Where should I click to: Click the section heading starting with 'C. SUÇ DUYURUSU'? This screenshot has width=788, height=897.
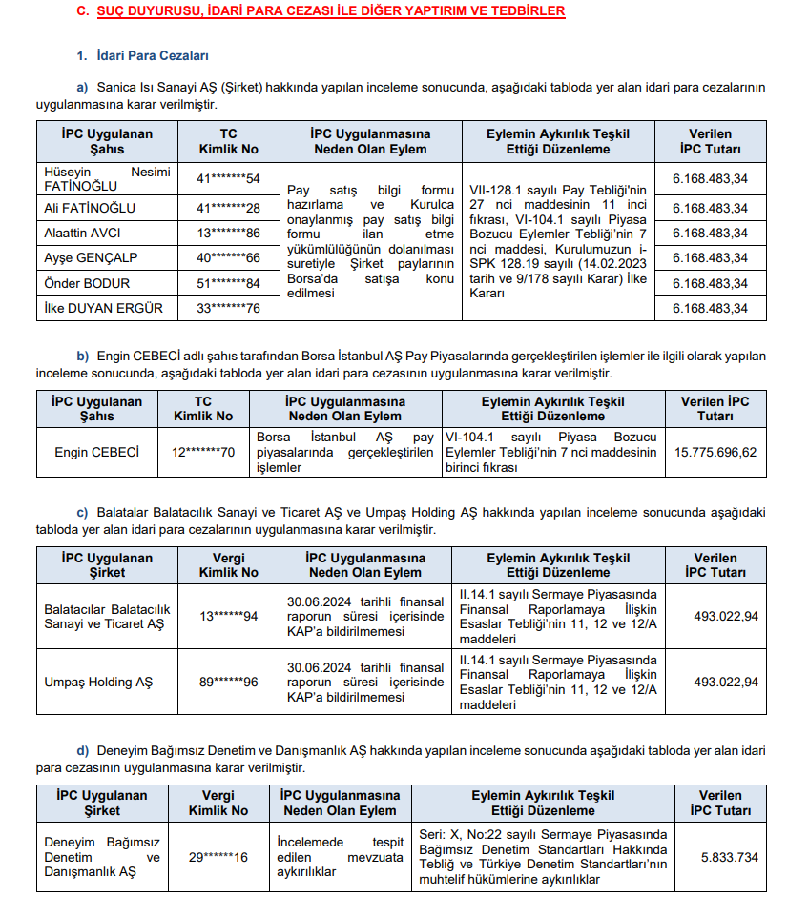320,11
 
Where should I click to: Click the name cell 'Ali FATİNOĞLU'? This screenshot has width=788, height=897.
90,208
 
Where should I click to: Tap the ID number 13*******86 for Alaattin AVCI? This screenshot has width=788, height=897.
228,233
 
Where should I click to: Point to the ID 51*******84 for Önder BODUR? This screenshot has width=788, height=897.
228,283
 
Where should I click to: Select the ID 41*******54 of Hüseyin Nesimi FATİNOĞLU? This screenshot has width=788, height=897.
228,178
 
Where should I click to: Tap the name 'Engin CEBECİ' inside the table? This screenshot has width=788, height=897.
97,452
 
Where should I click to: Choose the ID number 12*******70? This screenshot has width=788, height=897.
202,452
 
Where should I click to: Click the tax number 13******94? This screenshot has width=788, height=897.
228,617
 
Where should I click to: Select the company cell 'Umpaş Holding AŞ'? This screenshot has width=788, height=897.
98,682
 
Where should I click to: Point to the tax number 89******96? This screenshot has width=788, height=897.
228,682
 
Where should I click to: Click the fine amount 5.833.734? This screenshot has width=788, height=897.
729,857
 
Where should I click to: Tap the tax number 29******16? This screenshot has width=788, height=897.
218,857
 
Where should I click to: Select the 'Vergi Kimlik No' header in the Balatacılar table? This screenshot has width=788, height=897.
228,565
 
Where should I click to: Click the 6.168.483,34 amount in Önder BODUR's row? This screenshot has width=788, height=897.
710,283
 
